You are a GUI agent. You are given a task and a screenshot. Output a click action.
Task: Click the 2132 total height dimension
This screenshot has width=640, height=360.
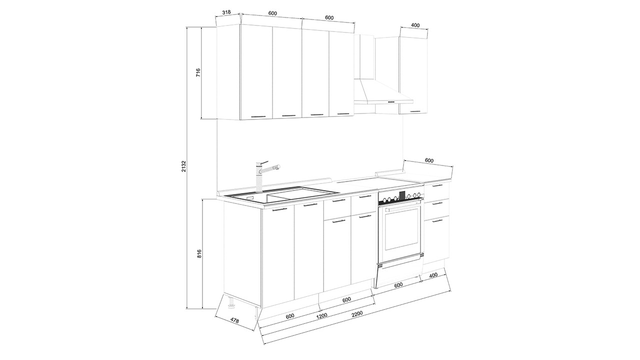click(184, 166)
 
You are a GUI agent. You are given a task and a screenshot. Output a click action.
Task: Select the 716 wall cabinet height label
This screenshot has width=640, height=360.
click(198, 72)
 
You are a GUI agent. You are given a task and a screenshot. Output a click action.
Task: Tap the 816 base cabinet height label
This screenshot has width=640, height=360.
click(199, 253)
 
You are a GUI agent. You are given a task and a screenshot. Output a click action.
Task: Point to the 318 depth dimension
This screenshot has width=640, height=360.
click(226, 12)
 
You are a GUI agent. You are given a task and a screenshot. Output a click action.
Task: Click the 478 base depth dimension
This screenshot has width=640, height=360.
click(234, 320)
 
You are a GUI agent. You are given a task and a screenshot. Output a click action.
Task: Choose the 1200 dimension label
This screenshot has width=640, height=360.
click(321, 315)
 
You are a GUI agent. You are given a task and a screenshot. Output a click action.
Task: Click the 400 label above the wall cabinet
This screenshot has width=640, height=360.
click(415, 25)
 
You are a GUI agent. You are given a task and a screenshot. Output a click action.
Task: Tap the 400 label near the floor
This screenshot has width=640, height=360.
click(433, 275)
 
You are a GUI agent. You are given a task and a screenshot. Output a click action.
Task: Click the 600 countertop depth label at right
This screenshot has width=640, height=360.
click(429, 160)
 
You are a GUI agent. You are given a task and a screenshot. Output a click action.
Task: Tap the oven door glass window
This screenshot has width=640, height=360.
click(403, 229)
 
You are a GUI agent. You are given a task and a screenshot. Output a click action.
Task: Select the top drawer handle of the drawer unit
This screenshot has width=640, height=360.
click(437, 185)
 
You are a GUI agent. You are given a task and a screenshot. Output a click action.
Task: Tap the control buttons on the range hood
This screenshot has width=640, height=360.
click(391, 101)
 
